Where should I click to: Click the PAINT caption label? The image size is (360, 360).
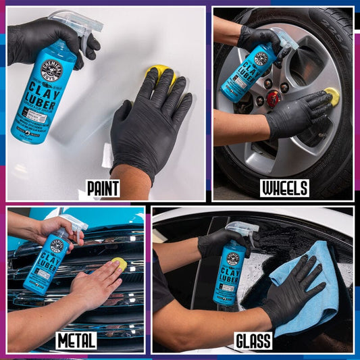point(103,188)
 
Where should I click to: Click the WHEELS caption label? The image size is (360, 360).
point(284,188)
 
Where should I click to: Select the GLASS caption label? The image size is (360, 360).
point(253,341)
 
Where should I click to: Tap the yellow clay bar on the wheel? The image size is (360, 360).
point(332,96)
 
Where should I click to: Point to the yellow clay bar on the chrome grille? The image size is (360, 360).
point(119,263)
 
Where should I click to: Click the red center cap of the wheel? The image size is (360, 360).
point(274,99)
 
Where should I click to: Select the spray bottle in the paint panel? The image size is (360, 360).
point(41,88)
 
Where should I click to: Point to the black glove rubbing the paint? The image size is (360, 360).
point(149,125)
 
